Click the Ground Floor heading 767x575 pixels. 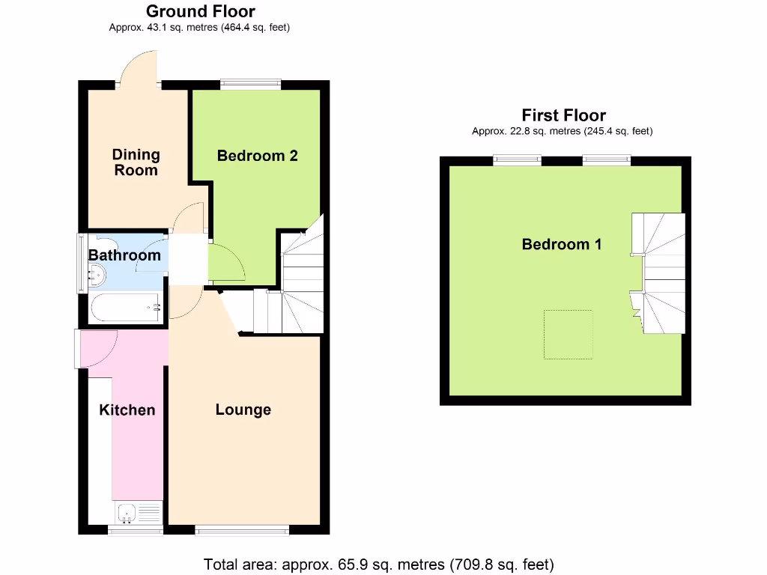[x=200, y=12]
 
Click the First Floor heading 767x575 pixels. [x=563, y=115]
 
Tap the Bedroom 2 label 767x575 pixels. [x=257, y=156]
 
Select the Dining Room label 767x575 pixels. [x=136, y=162]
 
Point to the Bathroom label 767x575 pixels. [x=124, y=255]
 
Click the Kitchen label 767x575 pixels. [x=127, y=410]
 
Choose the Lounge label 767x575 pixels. [x=243, y=410]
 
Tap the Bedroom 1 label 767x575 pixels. [x=562, y=244]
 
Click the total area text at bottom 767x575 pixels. [x=379, y=564]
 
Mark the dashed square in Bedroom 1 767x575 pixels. [x=568, y=334]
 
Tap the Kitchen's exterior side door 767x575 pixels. [x=96, y=350]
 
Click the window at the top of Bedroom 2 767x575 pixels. [x=250, y=85]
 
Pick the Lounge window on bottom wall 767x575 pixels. [x=242, y=530]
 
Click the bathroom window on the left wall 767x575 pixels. [x=82, y=264]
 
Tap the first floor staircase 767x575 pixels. [x=659, y=273]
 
